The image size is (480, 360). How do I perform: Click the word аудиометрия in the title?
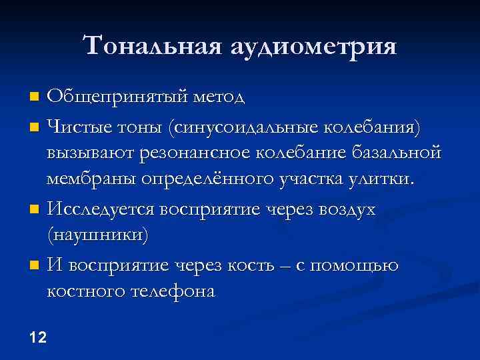point(313,47)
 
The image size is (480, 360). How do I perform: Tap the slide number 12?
point(38,337)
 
